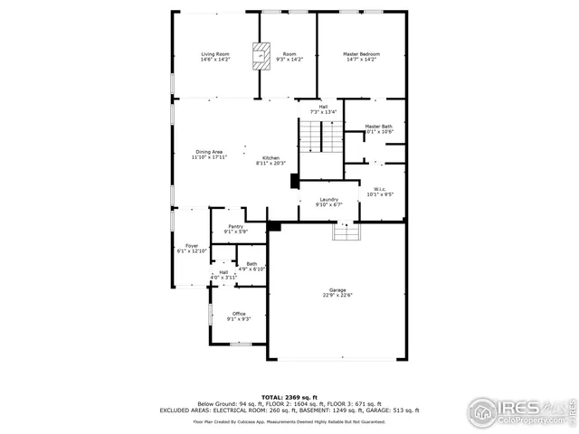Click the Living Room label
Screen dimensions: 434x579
point(215,54)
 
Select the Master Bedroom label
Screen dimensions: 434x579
point(361,54)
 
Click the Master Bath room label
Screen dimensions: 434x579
point(378,127)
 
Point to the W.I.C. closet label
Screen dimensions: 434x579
point(380,188)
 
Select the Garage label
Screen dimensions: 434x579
point(337,288)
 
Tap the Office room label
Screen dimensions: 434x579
point(239,314)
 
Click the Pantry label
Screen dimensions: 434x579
point(235,226)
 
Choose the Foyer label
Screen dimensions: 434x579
point(192,246)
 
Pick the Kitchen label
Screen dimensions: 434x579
point(271,157)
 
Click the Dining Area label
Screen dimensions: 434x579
point(209,151)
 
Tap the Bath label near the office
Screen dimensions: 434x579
point(251,264)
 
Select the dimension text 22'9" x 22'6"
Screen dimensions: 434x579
point(337,295)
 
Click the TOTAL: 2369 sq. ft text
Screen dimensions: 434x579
point(289,396)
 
